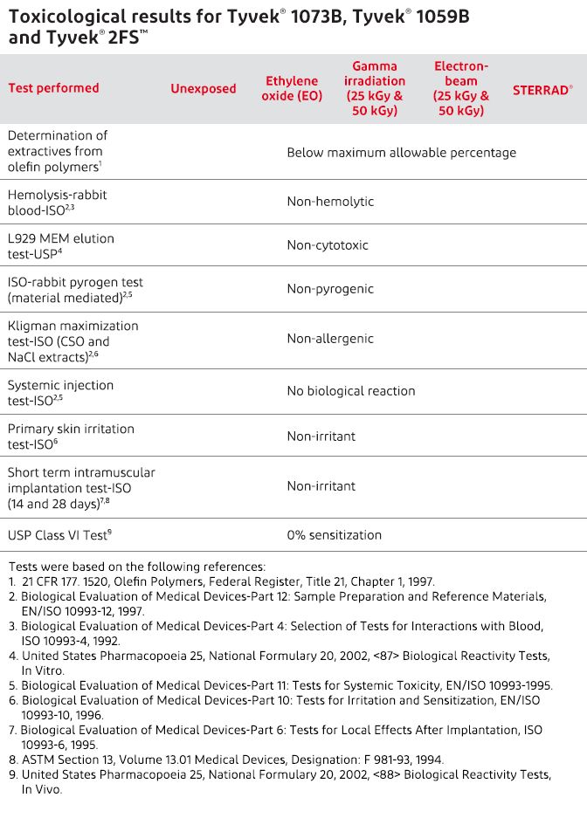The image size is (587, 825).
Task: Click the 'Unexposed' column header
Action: tap(203, 88)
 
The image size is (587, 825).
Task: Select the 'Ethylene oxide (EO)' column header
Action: tap(292, 88)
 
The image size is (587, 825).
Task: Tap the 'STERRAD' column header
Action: tap(542, 88)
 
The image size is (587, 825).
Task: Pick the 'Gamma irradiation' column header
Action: tap(375, 88)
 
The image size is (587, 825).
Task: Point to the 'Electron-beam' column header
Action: tap(461, 88)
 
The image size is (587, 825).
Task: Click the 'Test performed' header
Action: tap(53, 88)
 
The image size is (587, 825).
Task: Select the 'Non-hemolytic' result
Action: tap(330, 202)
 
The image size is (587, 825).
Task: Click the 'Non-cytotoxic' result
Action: tap(328, 245)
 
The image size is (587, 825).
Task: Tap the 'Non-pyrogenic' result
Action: tap(330, 289)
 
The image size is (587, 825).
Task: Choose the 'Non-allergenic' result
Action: tap(330, 339)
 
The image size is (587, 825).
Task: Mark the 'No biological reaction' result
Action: tap(351, 391)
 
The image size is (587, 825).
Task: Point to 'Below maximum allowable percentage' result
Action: tap(401, 153)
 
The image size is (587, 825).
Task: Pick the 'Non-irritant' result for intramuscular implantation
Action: tap(321, 485)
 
